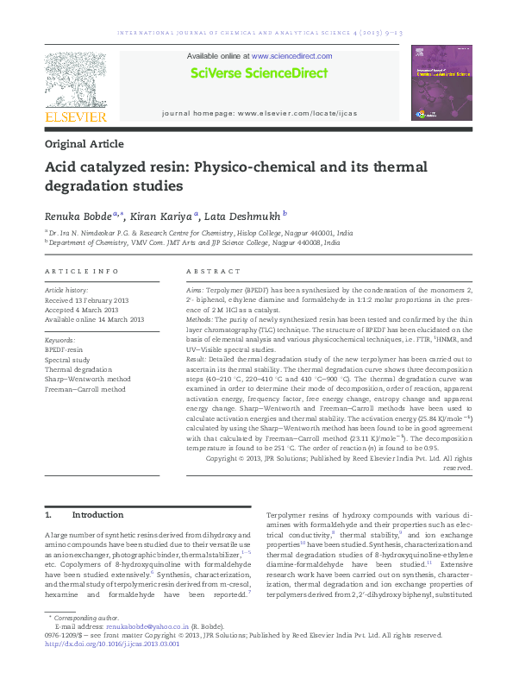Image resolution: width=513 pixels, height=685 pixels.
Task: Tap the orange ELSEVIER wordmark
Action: pos(76,116)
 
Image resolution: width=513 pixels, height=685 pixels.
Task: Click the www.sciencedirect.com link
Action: pos(291,55)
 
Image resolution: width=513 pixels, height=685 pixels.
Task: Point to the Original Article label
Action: pos(84,144)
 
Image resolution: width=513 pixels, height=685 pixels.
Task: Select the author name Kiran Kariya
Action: pos(165,216)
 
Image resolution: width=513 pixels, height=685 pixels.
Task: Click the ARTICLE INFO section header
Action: pos(81,271)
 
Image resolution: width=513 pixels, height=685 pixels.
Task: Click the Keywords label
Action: pos(60,342)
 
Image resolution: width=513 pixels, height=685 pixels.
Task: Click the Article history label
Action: pos(66,291)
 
